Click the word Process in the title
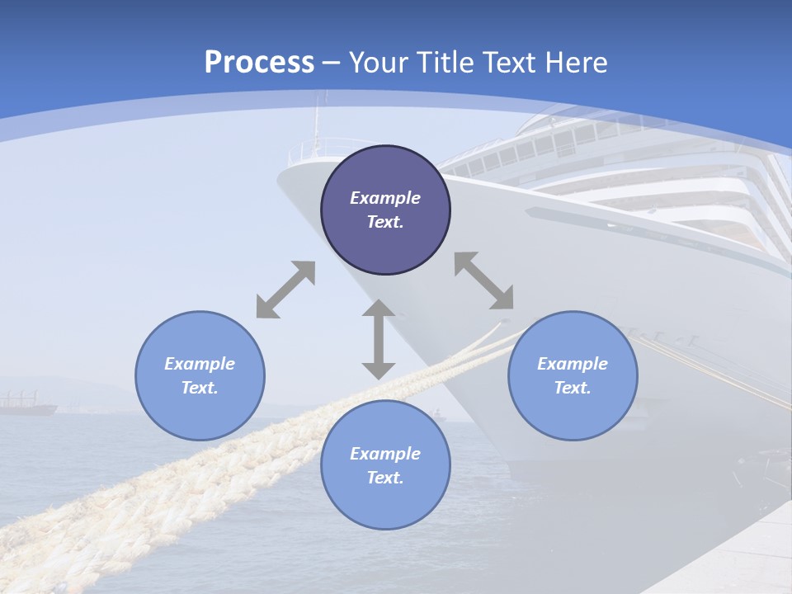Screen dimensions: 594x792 259,63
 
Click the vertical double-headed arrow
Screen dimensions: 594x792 379,339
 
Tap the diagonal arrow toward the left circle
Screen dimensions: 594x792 285,290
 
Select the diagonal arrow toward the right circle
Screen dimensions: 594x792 483,280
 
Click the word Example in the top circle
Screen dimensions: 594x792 385,198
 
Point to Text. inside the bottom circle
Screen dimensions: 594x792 385,478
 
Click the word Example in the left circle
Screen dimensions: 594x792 200,364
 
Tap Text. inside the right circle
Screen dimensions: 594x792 573,388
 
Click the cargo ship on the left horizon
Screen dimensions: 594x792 26,405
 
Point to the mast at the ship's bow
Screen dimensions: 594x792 315,124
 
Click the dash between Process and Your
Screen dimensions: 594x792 332,63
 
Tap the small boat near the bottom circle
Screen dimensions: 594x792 438,414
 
